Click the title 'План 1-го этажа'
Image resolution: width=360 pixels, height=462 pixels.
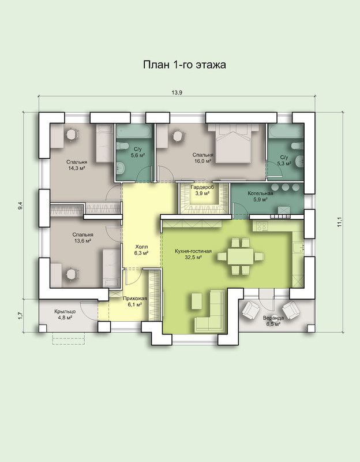(184, 65)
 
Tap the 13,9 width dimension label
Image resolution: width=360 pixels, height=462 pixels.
(177, 92)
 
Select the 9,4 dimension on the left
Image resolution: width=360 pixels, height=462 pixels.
(20, 206)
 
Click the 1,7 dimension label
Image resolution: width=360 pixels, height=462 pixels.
(20, 315)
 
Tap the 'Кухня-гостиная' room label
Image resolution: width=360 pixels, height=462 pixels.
(193, 251)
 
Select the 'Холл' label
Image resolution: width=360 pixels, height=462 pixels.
(141, 247)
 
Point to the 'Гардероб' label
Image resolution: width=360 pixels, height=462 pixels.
(202, 187)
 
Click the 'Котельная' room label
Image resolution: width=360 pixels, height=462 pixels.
(260, 193)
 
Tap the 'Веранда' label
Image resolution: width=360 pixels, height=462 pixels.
(273, 318)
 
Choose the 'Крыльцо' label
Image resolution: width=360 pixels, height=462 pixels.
(65, 311)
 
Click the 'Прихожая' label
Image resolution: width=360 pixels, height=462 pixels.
(135, 298)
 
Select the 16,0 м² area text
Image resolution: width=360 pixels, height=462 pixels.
(203, 161)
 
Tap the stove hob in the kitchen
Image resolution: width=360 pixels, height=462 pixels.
(262, 226)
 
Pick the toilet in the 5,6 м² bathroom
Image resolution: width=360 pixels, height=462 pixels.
(122, 146)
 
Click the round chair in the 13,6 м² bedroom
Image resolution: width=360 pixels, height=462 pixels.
(71, 274)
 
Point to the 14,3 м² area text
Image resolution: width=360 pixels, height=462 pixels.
(77, 168)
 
